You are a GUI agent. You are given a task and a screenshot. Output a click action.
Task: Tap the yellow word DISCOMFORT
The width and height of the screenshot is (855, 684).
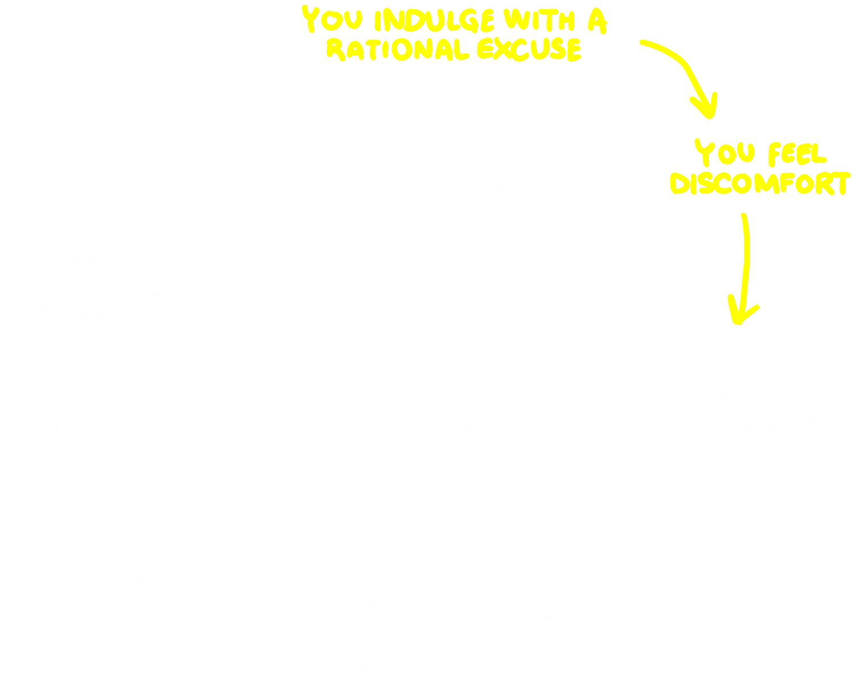pyautogui.click(x=761, y=184)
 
